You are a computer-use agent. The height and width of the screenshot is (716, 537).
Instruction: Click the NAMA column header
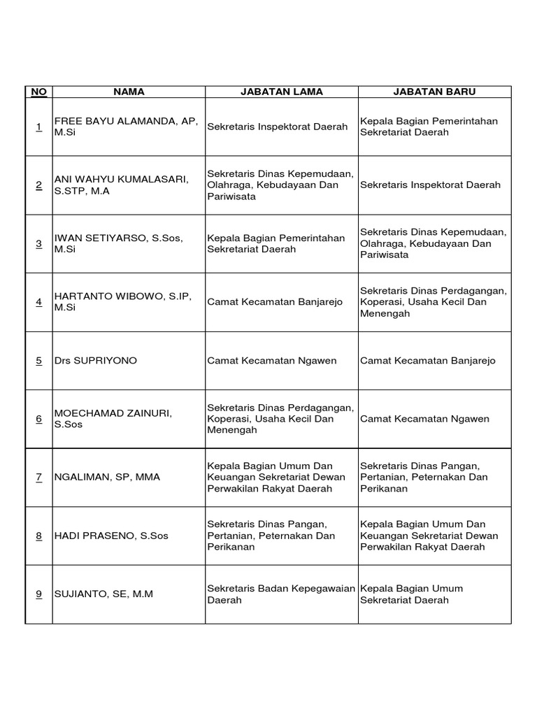click(129, 92)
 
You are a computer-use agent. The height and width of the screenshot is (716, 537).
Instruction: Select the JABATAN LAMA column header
click(282, 92)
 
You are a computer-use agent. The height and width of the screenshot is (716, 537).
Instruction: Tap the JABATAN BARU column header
click(434, 92)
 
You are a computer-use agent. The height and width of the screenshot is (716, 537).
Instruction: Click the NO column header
click(38, 92)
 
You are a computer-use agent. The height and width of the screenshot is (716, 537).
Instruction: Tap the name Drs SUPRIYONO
click(96, 361)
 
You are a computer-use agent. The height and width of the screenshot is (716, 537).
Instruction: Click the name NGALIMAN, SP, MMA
click(107, 477)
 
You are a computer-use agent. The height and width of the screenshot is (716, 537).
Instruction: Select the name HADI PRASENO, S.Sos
click(111, 536)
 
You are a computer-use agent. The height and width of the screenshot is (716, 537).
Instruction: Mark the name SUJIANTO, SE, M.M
click(103, 594)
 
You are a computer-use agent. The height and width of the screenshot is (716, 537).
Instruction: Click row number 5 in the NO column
click(38, 361)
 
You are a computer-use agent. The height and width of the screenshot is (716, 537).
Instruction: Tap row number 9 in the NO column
click(38, 594)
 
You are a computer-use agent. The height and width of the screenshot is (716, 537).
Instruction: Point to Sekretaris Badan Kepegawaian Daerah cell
click(281, 594)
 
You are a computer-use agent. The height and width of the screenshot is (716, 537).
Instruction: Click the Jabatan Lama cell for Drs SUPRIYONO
click(272, 361)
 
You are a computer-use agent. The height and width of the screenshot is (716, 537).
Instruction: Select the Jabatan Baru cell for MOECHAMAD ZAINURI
click(425, 419)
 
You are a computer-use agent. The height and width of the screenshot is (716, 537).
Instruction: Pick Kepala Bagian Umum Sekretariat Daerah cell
click(412, 594)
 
